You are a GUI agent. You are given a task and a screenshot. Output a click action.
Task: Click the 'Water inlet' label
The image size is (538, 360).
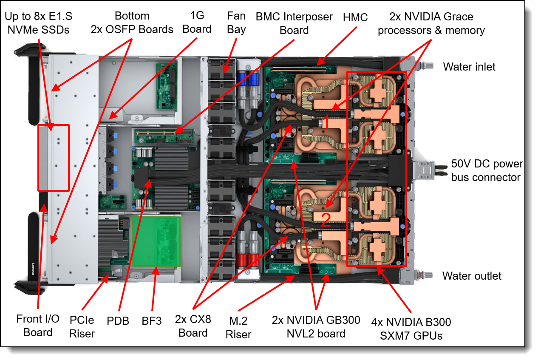469,67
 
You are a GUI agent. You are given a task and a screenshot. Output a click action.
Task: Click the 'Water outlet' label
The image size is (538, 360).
472,276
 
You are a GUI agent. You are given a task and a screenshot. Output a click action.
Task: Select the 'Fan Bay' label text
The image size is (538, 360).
236,23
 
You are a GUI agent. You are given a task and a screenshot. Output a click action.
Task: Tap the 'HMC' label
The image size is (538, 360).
355,18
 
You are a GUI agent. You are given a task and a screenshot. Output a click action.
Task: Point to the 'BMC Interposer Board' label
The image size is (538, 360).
294,23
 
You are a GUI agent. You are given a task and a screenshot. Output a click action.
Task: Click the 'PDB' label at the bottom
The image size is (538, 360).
118,321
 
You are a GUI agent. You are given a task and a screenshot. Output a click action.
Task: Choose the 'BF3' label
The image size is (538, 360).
152,321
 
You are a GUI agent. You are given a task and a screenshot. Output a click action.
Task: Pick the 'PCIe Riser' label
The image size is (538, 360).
82,326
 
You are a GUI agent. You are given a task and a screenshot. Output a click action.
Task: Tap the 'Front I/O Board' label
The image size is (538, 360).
38,326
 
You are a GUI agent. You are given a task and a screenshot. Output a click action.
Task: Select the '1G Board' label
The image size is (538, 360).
197,22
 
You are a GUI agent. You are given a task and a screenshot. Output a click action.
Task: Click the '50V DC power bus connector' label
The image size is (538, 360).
487,170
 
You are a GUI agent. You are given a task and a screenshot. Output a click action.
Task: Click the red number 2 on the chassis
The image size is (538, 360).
326,220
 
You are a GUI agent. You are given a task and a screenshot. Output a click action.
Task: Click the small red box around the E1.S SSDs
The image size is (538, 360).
53,157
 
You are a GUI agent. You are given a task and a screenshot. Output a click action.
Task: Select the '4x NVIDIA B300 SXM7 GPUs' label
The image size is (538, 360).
411,329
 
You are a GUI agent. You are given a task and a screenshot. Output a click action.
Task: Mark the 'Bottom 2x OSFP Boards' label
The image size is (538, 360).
132,23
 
